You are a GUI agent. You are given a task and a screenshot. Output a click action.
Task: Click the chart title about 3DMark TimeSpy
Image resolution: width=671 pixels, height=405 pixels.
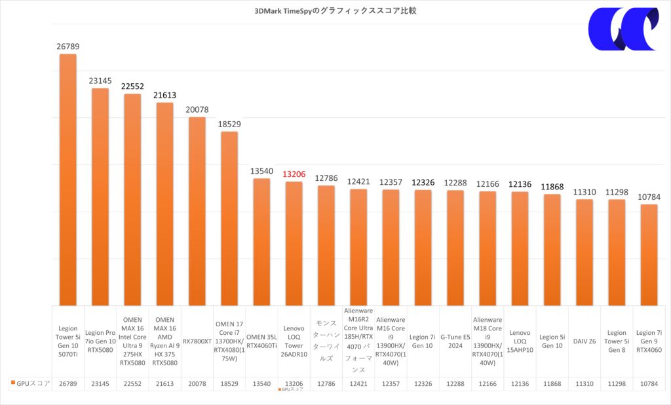coord(335,10)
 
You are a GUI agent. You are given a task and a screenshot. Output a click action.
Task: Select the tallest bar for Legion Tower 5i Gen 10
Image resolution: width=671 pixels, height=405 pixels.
coord(68,180)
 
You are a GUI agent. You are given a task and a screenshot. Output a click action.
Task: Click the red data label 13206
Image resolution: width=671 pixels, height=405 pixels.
coord(294,174)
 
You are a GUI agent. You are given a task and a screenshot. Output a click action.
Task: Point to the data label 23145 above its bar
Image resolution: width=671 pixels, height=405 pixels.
coord(100,81)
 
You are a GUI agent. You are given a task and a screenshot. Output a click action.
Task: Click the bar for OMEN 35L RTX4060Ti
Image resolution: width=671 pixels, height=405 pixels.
coord(261,242)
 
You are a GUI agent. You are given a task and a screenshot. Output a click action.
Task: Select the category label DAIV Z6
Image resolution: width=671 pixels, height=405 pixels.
coord(584,341)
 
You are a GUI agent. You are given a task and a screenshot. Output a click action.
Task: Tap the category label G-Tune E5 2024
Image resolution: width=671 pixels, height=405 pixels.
coord(455,341)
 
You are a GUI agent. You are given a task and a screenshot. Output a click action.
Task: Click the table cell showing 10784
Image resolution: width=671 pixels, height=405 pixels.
coord(649,383)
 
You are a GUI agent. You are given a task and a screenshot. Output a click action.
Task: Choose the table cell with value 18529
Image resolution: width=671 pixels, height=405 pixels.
coord(229,383)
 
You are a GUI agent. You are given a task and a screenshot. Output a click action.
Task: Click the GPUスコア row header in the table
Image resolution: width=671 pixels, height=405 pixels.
coord(32,383)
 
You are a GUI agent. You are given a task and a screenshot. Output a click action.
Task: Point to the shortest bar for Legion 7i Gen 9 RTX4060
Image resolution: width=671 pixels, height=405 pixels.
coord(649,255)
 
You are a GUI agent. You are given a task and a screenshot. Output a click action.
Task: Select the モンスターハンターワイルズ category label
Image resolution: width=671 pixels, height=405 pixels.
coord(326,341)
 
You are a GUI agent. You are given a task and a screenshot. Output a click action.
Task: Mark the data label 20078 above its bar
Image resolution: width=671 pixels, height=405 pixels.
coord(197,109)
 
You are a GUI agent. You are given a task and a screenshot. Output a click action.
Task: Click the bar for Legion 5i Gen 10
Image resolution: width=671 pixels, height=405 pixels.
coord(552,250)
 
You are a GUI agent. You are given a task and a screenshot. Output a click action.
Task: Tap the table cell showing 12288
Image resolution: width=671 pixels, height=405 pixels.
coord(455,383)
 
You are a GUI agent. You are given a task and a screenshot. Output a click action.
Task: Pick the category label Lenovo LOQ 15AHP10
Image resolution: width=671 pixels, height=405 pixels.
coord(520,341)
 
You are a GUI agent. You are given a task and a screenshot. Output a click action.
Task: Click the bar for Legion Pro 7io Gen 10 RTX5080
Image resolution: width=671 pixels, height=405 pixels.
coord(100,197)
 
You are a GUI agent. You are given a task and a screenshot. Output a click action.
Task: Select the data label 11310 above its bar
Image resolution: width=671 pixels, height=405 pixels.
coord(584,192)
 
